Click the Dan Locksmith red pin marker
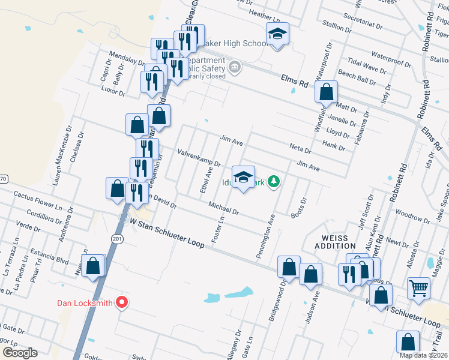click(122, 302)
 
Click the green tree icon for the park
click(274, 181)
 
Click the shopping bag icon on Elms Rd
click(326, 92)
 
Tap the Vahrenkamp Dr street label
click(199, 158)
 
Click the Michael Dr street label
click(224, 209)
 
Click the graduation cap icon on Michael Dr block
click(243, 176)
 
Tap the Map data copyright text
click(423, 355)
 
